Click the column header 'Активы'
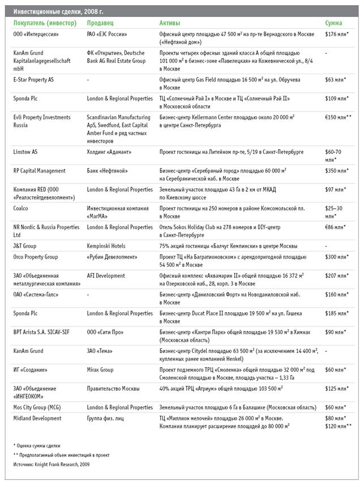(x=170, y=23)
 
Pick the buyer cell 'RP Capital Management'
(x=40, y=171)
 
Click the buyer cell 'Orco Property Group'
(x=36, y=257)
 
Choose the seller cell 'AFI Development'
(x=106, y=276)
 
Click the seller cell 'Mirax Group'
(x=100, y=370)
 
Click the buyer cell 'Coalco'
(x=23, y=208)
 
